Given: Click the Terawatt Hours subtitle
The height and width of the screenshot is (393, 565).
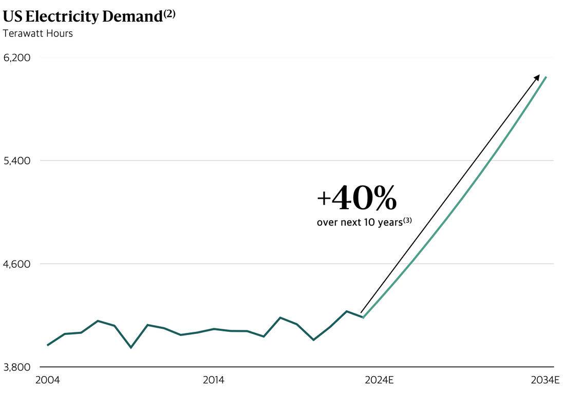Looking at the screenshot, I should point(37,34).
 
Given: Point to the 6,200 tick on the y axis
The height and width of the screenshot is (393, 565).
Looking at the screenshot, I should point(17,58).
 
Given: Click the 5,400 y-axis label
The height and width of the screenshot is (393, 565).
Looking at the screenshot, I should point(17,161).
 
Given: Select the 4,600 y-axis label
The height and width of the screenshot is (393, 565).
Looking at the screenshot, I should point(17,264).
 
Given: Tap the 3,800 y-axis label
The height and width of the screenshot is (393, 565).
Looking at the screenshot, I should point(17,367).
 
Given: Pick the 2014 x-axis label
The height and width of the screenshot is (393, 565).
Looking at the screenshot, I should point(213,381).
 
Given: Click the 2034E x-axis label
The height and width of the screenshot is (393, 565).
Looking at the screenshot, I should point(544,381).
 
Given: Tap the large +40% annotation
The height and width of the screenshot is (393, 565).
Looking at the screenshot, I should point(357,199).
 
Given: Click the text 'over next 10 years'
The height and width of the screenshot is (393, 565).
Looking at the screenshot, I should point(359,223).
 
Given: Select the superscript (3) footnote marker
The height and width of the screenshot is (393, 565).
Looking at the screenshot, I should point(408,220).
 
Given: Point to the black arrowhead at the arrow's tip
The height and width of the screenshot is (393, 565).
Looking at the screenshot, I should point(537,77).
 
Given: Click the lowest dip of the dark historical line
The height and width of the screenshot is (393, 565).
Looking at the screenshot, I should point(131,348).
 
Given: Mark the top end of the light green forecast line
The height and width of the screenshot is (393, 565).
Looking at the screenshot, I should point(546,77).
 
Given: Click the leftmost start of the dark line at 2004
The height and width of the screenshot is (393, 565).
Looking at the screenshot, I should point(47,345).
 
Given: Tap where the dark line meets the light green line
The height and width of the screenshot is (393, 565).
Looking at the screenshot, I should point(363,317).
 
